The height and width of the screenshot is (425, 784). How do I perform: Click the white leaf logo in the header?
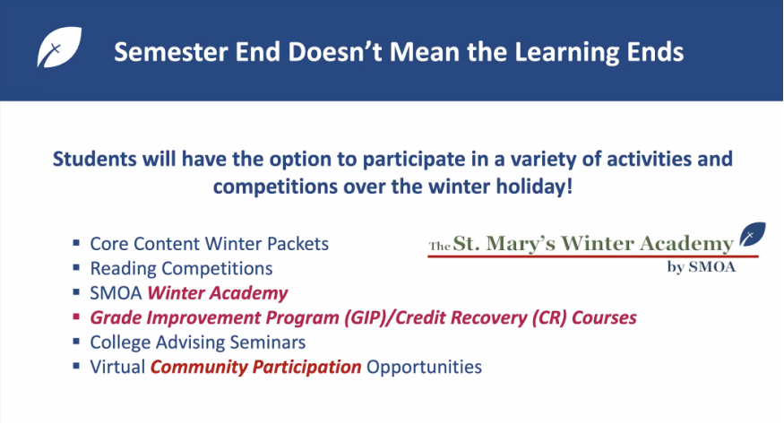click(x=59, y=47)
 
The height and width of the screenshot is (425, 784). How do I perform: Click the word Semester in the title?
click(x=171, y=52)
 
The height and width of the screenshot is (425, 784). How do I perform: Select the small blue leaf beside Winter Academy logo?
click(x=753, y=234)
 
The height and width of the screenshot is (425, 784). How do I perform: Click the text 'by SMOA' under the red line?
click(x=701, y=267)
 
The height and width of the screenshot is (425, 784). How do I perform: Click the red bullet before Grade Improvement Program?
click(x=76, y=317)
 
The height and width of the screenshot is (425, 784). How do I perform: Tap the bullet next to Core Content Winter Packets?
click(x=76, y=243)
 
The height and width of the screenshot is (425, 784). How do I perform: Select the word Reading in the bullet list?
click(x=124, y=269)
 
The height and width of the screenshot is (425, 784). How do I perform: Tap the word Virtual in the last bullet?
click(x=117, y=367)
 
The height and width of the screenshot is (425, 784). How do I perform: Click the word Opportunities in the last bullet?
click(x=424, y=367)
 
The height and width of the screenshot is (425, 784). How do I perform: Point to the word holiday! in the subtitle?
click(x=534, y=186)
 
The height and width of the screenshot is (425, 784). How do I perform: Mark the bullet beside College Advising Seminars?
click(x=76, y=342)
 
